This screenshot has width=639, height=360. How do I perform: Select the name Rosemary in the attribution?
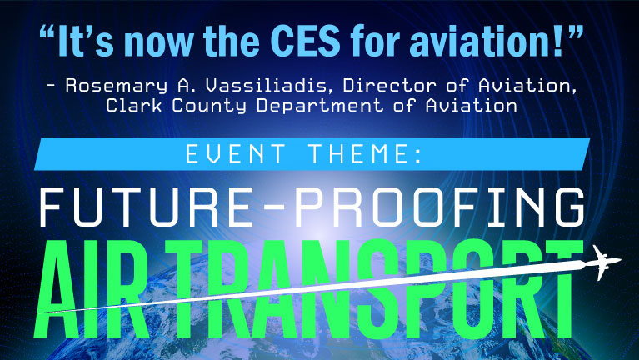point(117,87)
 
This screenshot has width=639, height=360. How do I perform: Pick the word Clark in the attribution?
point(133,105)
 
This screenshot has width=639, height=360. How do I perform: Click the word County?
point(208,107)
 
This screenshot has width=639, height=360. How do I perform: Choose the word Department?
point(320,107)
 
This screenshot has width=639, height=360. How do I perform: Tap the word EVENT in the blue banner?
point(236,154)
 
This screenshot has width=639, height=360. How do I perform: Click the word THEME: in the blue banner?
point(366,154)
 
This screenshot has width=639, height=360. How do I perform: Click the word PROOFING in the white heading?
point(440,207)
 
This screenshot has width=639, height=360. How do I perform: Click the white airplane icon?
point(602,262)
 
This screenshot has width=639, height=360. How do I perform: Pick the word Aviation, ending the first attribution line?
point(527,87)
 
